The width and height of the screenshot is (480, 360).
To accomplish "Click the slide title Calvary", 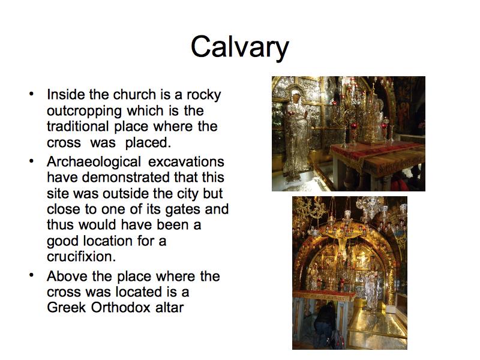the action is tap(239, 47).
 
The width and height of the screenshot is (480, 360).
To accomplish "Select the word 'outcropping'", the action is tap(84, 112).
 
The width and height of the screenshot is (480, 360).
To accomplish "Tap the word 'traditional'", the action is tap(78, 126).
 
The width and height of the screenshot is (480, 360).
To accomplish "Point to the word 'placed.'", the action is tap(148, 143).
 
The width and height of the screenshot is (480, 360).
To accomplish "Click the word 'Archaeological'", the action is tap(94, 162).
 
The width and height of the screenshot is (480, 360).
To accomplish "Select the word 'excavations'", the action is tap(186, 161).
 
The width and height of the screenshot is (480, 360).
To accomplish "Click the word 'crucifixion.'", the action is tap(82, 257).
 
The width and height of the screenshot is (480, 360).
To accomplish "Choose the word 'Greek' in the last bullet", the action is tap(67, 308).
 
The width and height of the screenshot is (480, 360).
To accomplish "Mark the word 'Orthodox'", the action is tap(121, 308).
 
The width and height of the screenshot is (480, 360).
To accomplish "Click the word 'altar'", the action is tap(170, 308).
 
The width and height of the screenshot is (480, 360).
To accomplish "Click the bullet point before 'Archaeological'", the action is tap(31, 161).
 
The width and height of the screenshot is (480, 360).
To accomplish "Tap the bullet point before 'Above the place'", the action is tap(31, 275).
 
